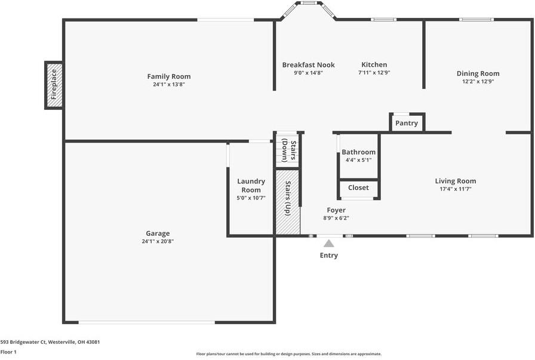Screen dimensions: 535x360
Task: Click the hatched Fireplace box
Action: point(54,85)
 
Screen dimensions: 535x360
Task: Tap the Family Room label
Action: point(169,76)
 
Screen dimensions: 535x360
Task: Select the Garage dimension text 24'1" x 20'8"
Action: point(158,241)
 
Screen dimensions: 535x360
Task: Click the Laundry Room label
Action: point(251,186)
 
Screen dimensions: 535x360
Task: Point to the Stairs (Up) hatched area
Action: point(288,202)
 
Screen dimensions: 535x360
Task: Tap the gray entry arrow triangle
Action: point(328,244)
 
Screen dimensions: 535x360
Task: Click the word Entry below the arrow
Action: point(328,256)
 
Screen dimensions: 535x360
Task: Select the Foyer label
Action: point(336,210)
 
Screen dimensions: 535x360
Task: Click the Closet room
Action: point(359,189)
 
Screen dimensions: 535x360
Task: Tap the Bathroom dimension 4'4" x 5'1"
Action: point(359,159)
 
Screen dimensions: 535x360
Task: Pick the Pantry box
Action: point(407,122)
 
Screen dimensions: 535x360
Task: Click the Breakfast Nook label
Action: point(309,65)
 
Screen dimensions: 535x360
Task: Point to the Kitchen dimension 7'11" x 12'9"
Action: point(374,72)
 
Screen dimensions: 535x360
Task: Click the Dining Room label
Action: point(478,73)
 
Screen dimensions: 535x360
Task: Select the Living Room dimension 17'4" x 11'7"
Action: point(456,189)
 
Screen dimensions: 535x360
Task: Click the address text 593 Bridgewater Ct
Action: point(23,342)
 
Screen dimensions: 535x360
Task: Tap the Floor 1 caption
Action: point(8,352)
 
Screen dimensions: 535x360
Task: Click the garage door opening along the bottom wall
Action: point(147,322)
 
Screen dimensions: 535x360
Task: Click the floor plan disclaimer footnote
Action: point(288,354)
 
